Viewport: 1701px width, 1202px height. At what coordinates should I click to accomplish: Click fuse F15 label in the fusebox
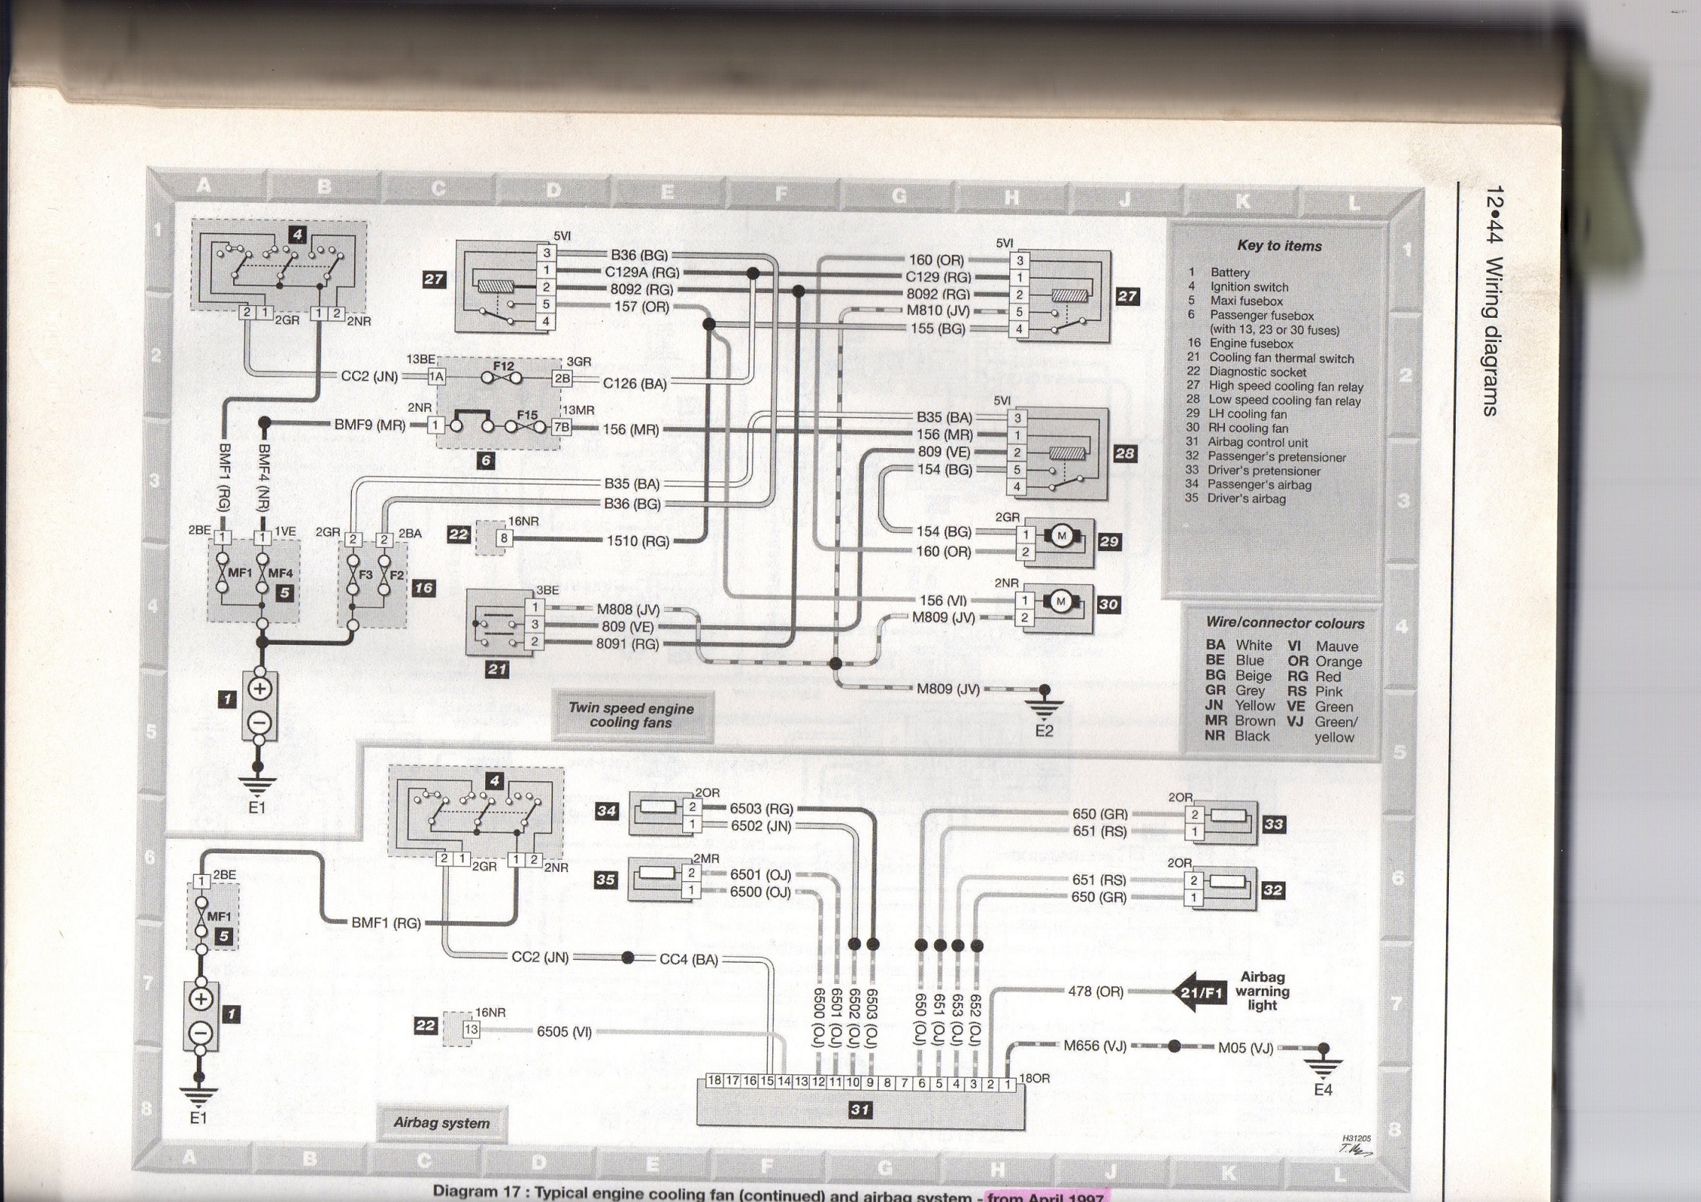point(527,415)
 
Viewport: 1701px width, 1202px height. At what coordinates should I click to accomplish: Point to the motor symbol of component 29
point(1060,536)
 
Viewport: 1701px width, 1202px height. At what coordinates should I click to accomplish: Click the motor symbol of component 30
point(1060,601)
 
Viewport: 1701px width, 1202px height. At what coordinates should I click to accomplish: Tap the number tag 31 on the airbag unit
point(859,1110)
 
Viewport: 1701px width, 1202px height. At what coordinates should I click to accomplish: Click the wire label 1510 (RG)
point(637,541)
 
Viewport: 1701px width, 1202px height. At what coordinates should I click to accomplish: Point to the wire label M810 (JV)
point(938,310)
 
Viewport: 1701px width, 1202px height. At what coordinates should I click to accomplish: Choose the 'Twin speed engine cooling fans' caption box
point(631,715)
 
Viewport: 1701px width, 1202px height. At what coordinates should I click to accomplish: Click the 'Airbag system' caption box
point(441,1123)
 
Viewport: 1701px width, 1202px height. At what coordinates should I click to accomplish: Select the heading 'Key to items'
point(1279,246)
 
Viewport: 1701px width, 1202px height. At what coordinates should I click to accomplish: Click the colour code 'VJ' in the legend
point(1295,721)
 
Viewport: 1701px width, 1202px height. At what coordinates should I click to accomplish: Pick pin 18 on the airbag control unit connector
point(714,1081)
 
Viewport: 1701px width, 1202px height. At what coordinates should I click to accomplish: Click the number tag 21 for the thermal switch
point(497,669)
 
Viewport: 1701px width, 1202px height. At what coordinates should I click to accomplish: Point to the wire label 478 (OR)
point(1095,991)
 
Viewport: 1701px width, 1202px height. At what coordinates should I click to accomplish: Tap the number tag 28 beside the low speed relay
point(1125,453)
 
